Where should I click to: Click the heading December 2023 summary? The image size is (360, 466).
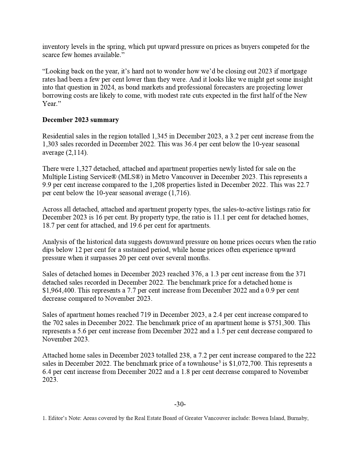click(x=80, y=120)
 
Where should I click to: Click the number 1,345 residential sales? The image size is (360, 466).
click(x=160, y=136)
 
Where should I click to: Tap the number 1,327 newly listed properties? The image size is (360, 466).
click(x=84, y=169)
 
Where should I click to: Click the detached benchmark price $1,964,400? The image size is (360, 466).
click(x=60, y=290)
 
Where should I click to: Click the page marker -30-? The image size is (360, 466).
click(x=180, y=404)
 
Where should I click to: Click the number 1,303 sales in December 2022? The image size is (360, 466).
click(x=51, y=144)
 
